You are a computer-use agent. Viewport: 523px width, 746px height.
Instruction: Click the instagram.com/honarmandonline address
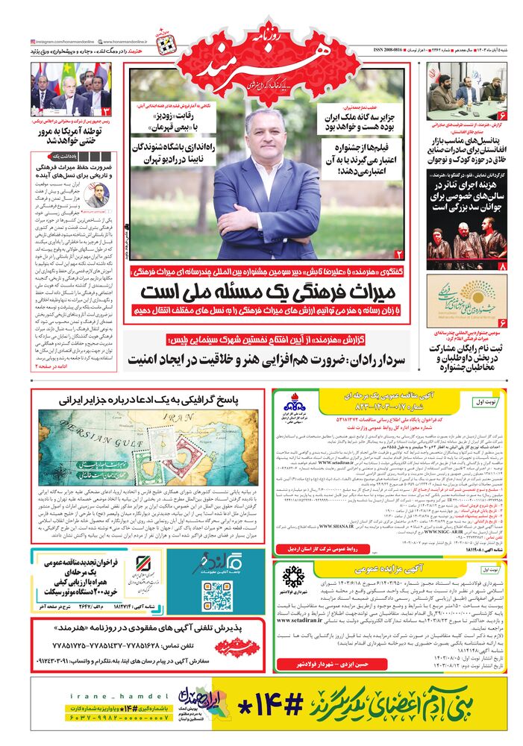[66, 42]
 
